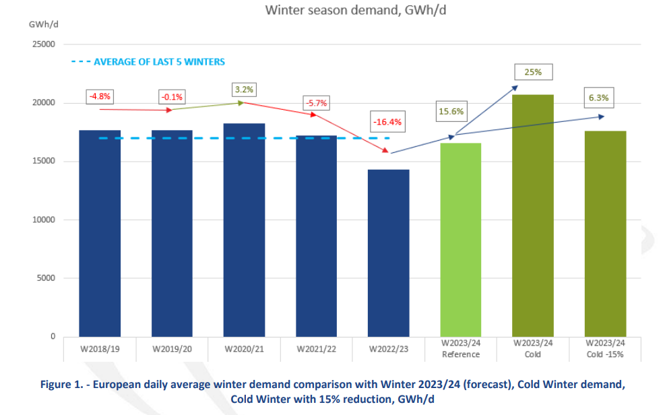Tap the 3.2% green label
point(244,89)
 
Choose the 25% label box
point(532,71)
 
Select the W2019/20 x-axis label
point(171,349)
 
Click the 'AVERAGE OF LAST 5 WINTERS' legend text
point(159,61)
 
